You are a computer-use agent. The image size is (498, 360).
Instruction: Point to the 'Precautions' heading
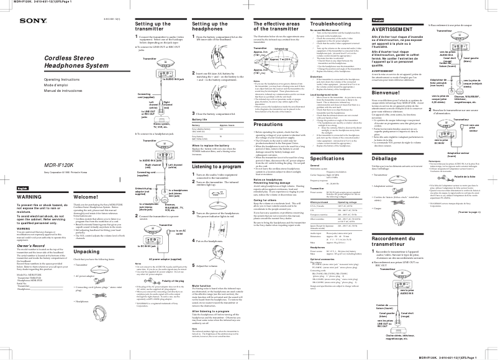click(268, 124)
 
